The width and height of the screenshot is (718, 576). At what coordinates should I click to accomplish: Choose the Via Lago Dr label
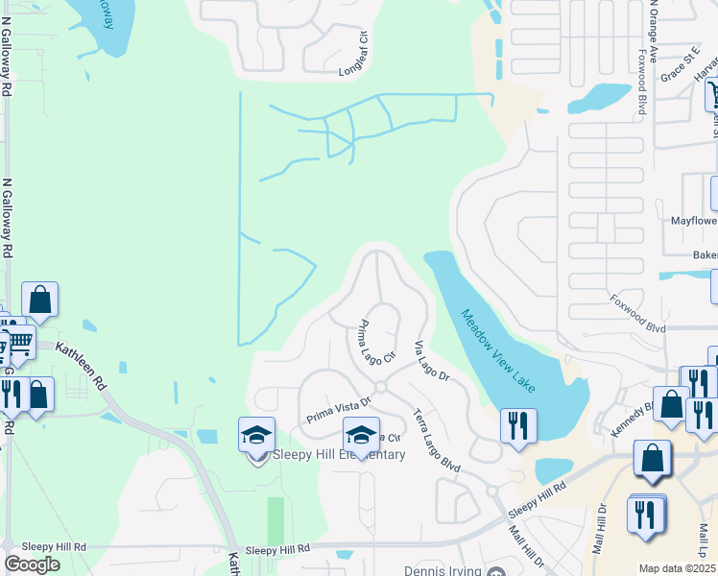point(432,362)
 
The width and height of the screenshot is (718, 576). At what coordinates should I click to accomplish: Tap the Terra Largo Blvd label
point(437,439)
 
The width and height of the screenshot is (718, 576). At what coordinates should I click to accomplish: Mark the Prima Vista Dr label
point(338,411)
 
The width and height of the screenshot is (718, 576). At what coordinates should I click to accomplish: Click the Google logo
point(32,564)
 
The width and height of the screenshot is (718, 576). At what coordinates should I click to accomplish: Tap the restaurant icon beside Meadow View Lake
point(517,425)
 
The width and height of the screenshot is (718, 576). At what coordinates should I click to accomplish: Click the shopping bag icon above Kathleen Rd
point(40,300)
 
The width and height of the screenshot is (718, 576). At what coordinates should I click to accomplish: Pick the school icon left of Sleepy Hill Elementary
point(256,436)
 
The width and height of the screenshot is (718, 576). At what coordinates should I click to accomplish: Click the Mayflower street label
point(693,220)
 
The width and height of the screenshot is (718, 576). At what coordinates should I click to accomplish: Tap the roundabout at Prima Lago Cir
point(380,386)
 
